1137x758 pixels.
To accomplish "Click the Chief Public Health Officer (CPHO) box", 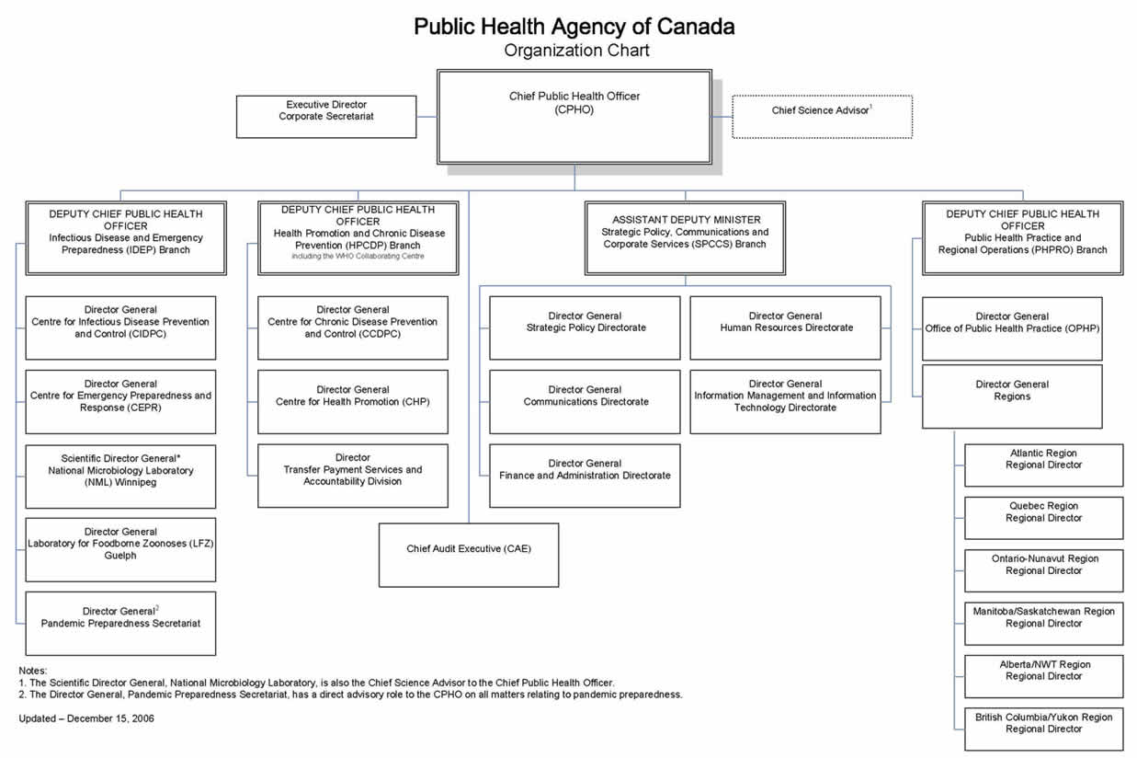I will [574, 116].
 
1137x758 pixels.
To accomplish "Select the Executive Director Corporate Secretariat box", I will [326, 117].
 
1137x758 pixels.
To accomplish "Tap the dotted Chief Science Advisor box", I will [822, 117].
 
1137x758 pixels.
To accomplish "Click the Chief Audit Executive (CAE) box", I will [469, 555].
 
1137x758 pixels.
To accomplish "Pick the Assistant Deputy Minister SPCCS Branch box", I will [686, 237].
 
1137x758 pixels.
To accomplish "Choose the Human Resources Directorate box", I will [786, 327].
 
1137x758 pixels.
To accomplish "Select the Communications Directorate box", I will [586, 401].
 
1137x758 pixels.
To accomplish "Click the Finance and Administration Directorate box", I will [586, 476].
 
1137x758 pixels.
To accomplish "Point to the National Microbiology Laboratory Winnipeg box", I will [120, 477].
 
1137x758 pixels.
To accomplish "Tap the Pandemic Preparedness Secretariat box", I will [120, 623].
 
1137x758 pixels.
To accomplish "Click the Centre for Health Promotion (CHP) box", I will [353, 401].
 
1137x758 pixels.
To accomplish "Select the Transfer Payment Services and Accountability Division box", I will [353, 476].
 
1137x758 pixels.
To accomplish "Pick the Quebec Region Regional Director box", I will [1043, 518].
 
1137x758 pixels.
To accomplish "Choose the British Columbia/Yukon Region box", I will [1043, 729].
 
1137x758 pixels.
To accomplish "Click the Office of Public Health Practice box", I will [1012, 328].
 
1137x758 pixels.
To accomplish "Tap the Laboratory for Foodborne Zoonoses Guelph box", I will [120, 549].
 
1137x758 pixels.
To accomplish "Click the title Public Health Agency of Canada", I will [574, 26].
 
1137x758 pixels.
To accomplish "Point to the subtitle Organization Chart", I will [576, 51].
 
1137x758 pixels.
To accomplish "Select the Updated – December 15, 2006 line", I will [86, 718].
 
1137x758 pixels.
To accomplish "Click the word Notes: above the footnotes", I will [33, 671].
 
